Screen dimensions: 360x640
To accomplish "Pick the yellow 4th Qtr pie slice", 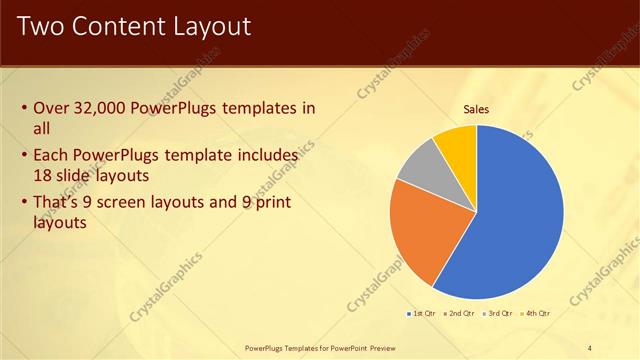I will [x=458, y=144].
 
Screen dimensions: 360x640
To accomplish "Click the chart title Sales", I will [x=476, y=110].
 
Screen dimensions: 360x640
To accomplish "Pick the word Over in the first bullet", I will [x=50, y=108].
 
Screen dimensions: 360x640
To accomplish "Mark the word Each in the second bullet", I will [x=51, y=156].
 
